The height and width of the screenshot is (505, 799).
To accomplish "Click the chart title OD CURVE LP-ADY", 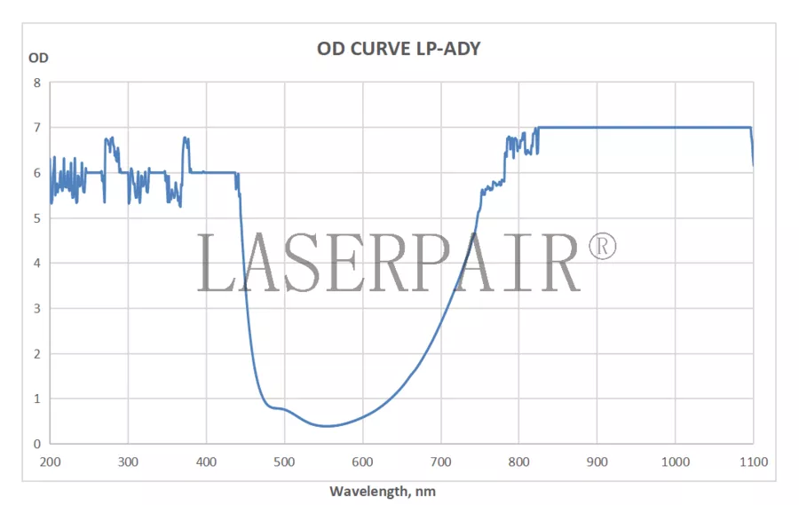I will click(399, 49).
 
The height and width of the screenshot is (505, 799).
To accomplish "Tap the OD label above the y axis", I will click(38, 58).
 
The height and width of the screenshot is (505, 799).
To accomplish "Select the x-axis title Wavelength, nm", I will click(383, 491).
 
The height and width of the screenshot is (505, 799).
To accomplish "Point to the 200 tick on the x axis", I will click(51, 462).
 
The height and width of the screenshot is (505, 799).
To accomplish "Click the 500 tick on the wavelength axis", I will click(284, 462).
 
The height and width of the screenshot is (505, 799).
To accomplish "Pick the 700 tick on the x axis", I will click(440, 462).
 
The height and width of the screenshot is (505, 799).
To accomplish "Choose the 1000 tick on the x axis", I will click(675, 462).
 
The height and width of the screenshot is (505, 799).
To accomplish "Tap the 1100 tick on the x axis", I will click(753, 462).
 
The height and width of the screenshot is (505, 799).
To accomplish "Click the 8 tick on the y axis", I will click(37, 83).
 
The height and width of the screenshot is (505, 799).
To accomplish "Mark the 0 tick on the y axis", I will click(37, 444).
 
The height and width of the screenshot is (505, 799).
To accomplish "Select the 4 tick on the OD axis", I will click(37, 263).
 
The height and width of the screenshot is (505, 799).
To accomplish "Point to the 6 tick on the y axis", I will click(37, 173).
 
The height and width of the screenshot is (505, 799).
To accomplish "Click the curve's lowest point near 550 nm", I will click(328, 426).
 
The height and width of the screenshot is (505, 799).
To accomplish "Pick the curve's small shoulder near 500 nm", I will click(280, 408).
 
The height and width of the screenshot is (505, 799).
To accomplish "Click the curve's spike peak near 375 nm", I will click(186, 138).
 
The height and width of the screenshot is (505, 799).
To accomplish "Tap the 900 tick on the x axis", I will click(597, 462).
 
